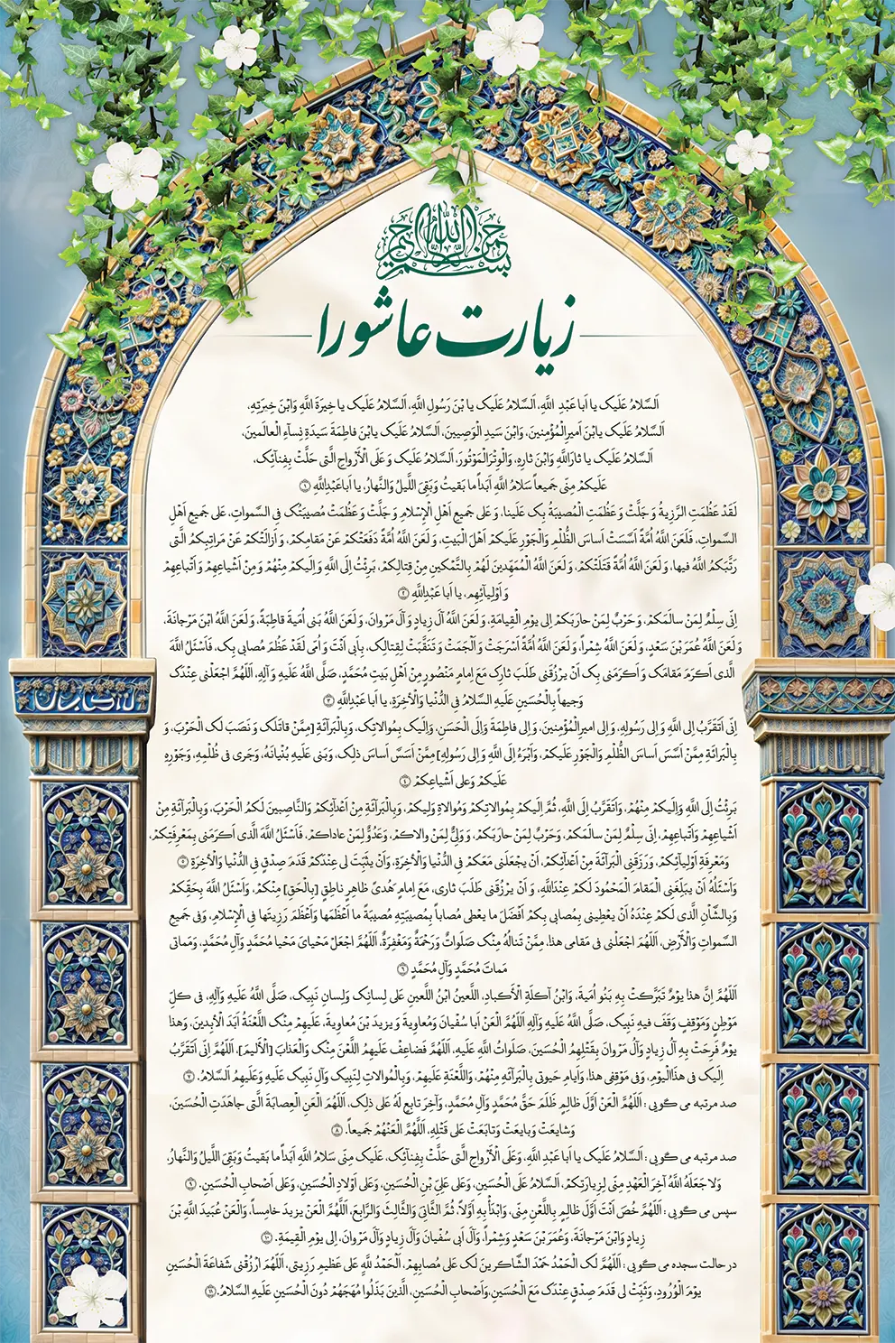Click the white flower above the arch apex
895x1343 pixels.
click(x=507, y=42)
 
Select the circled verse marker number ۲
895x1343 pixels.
click(x=403, y=594)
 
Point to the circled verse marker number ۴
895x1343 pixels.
click(x=405, y=780)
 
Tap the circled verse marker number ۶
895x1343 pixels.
click(x=401, y=968)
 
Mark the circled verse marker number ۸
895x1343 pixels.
click(x=338, y=1129)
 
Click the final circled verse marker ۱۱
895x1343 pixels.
click(x=210, y=1292)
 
